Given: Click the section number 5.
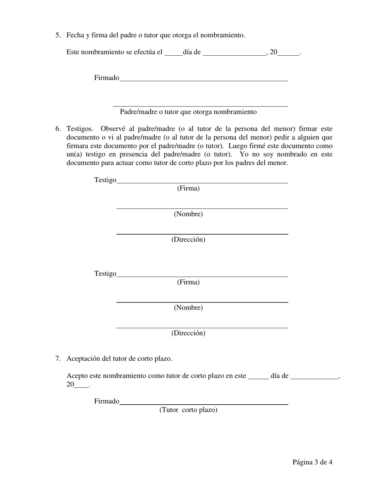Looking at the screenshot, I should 58,35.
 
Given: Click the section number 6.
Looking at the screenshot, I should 58,129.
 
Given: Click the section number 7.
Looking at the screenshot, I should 58,359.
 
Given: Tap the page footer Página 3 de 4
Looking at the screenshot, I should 312,462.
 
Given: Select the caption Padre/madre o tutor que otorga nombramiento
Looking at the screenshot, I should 188,112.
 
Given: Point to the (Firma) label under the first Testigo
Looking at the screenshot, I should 188,188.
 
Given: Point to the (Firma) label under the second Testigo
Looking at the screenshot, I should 188,282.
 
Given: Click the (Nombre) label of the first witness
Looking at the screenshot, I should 188,214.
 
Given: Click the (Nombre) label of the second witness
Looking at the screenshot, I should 188,308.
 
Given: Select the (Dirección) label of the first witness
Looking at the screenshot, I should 188,240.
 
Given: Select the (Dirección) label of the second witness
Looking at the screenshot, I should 188,333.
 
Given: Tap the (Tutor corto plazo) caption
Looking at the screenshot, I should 188,410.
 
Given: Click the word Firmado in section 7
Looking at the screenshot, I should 106,401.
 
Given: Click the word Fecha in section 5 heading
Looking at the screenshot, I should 75,35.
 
